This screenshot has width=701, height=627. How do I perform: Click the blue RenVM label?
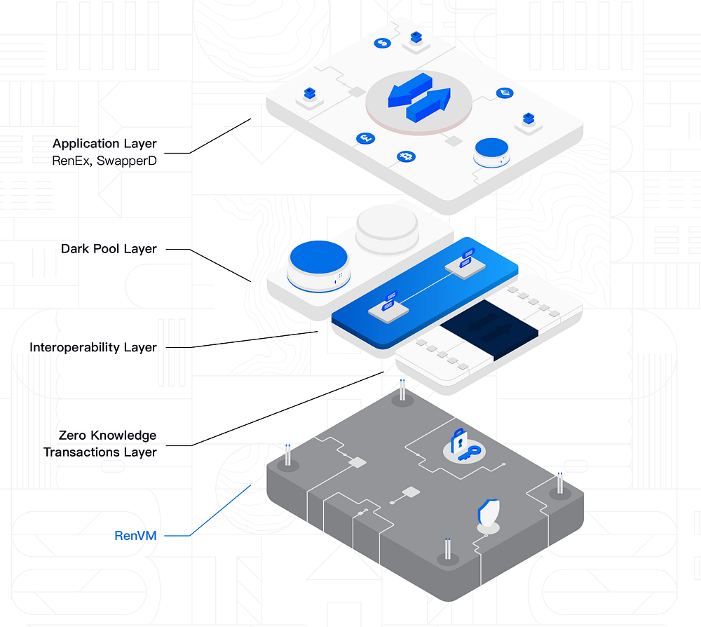(x=135, y=536)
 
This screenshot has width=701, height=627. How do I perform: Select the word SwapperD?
(x=131, y=160)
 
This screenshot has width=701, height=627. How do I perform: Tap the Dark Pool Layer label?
(x=109, y=249)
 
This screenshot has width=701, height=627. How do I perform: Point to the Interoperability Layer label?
(x=93, y=347)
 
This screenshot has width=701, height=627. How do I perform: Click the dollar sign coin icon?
(x=383, y=43)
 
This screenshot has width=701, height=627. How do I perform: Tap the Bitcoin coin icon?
(x=405, y=156)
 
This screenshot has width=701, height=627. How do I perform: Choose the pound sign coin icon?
(x=365, y=139)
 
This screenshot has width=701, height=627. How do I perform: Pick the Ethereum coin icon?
(x=503, y=93)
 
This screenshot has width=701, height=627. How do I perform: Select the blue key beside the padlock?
(x=469, y=454)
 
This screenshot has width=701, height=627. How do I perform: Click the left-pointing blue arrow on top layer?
(x=404, y=90)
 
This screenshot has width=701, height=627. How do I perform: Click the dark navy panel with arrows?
(x=489, y=330)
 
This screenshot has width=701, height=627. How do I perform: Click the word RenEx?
(x=70, y=160)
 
